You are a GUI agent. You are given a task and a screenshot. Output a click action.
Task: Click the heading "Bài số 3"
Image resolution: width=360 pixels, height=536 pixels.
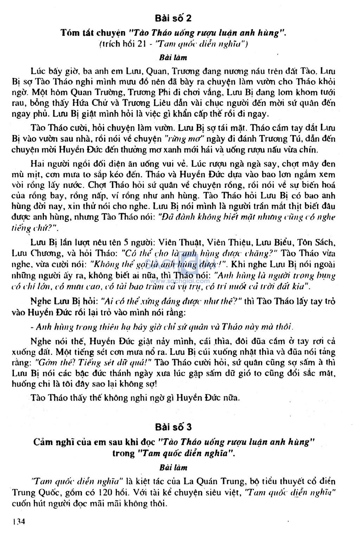[173, 427]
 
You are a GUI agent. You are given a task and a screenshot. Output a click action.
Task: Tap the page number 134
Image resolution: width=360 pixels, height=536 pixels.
[19, 522]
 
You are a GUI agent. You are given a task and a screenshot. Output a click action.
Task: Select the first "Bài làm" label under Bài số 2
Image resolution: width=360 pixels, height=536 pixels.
[173, 58]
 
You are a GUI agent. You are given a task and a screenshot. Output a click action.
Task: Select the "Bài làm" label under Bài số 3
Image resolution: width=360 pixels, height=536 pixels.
[173, 467]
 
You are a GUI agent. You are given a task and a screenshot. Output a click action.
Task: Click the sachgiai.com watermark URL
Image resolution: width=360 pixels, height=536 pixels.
[181, 281]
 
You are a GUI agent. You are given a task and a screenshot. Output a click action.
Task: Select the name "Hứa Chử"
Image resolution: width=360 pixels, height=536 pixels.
[86, 103]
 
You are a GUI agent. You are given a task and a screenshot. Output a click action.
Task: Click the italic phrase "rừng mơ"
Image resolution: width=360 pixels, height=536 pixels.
[185, 139]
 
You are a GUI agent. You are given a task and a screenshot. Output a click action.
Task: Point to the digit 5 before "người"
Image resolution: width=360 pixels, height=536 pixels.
[126, 242]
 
